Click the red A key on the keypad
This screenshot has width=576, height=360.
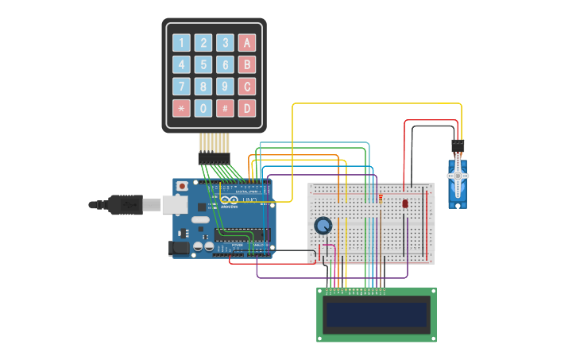click(247, 43)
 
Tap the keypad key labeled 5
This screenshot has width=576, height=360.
click(204, 64)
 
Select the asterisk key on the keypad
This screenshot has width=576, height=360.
click(182, 108)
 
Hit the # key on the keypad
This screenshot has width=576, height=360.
click(226, 108)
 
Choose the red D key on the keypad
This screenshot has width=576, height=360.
click(247, 108)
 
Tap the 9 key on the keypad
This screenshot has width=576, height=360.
click(226, 87)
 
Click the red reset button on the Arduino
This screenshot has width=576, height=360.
click(183, 186)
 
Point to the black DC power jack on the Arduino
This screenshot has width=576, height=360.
click(180, 248)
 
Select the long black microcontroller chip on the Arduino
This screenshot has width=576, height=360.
click(242, 234)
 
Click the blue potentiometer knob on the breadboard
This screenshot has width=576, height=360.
click(323, 226)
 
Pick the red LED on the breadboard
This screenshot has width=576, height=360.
click(405, 203)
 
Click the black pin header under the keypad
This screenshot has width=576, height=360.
click(214, 158)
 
